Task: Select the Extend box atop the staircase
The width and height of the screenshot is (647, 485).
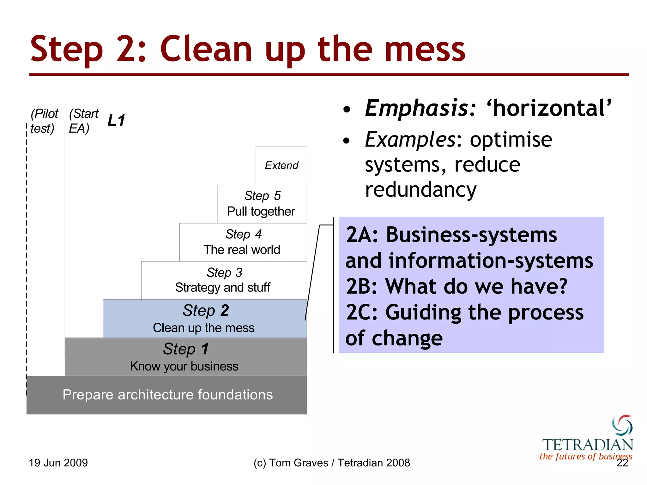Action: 281,165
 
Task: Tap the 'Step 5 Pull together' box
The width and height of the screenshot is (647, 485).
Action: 262,204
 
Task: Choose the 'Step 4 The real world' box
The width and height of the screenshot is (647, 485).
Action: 243,242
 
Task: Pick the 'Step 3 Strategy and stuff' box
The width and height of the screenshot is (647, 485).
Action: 223,280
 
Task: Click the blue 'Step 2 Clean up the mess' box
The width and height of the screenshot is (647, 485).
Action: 204,318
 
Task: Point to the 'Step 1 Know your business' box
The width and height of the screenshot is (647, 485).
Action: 185,357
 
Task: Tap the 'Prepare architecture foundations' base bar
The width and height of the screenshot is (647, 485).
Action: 167,395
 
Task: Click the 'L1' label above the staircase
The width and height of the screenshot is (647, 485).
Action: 116,121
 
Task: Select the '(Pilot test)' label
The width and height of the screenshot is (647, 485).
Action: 44,121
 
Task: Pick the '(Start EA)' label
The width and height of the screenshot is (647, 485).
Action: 83,121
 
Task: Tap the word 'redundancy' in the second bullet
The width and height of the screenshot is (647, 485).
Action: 420,190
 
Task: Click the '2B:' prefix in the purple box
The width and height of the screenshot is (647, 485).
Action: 362,287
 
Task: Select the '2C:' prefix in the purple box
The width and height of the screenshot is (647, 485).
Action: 362,313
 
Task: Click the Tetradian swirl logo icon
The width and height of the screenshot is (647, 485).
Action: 622,425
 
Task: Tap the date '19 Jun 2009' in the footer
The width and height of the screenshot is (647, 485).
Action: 58,463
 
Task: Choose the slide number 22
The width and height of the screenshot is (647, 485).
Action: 622,463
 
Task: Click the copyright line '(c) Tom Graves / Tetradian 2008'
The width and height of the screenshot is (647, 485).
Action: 332,463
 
